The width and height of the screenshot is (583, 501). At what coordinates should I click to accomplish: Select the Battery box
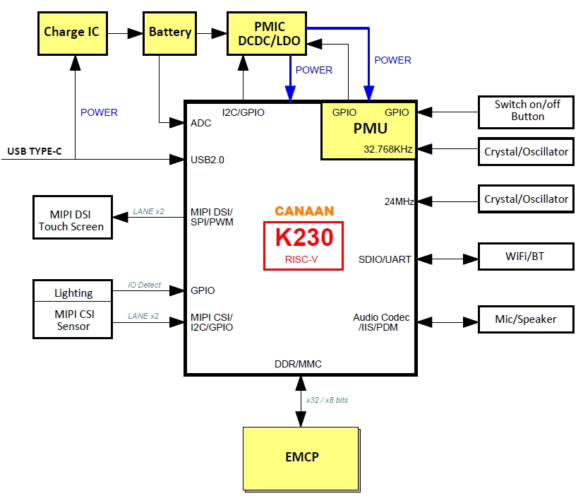click(169, 32)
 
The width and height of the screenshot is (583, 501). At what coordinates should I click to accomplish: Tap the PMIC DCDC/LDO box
click(268, 33)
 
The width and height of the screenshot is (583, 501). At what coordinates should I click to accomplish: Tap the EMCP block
click(301, 456)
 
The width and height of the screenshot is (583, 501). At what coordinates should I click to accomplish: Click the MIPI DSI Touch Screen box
click(71, 219)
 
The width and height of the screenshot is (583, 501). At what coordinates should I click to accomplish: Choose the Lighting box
click(73, 292)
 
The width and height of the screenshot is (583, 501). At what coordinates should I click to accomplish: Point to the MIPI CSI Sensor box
click(73, 320)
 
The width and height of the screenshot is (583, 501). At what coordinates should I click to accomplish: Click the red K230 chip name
click(303, 237)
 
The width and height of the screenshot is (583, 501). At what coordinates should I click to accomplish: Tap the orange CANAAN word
click(304, 211)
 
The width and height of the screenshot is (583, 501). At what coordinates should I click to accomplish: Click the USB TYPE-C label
click(35, 151)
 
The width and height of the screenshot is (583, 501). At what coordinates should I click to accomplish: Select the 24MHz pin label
click(399, 201)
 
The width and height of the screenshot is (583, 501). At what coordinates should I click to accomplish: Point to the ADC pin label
click(201, 123)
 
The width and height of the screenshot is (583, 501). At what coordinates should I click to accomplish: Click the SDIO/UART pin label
click(385, 259)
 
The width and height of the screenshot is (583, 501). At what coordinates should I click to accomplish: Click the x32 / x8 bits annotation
click(327, 400)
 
